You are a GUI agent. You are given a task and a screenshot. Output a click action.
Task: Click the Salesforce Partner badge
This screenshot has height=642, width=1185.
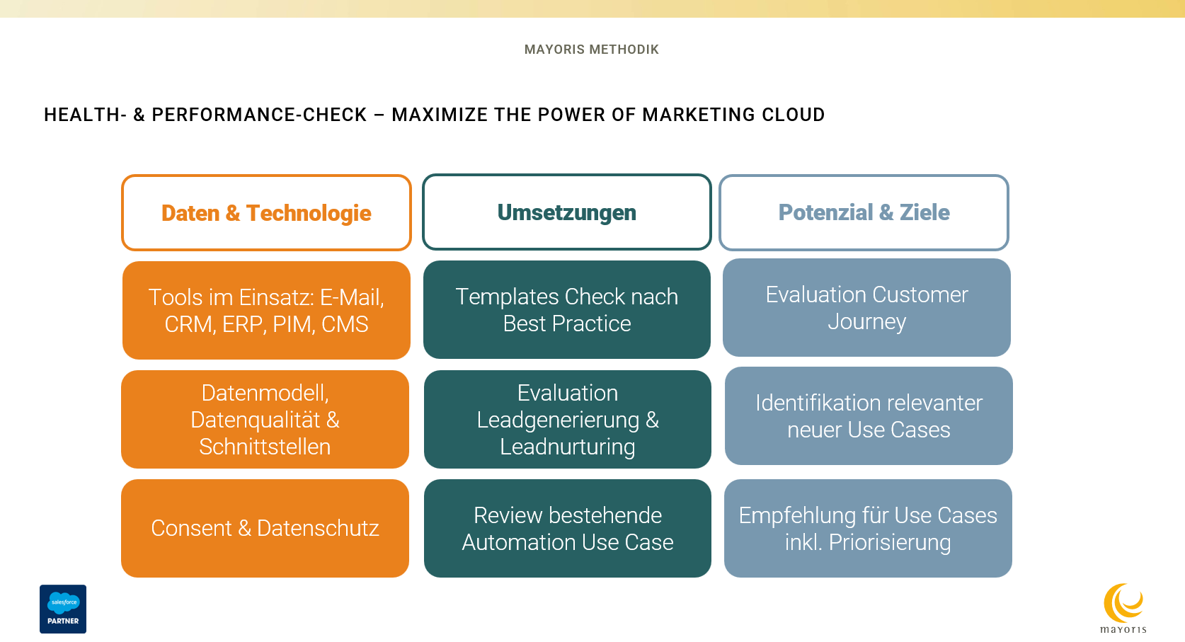point(63,609)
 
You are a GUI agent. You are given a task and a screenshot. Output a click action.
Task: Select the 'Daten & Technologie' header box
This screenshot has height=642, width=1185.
point(266,212)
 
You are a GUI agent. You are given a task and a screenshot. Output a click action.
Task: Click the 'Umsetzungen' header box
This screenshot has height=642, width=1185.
point(566,212)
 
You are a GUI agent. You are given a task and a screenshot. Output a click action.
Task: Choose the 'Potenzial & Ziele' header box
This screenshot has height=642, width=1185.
point(864,212)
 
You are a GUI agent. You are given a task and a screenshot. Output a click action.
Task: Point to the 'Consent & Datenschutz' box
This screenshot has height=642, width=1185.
point(265,528)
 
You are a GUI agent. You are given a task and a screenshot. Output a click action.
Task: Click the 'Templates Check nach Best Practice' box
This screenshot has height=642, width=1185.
point(566,309)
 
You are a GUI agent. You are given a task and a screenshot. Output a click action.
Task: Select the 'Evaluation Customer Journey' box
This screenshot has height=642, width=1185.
point(866,307)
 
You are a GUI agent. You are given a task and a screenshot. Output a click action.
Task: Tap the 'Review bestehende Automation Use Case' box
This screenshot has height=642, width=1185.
point(567,528)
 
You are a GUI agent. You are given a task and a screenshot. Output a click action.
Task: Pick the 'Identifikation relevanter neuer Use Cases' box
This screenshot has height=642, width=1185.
point(869,415)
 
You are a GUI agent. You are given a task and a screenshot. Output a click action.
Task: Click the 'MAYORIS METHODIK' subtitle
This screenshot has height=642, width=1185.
point(592,49)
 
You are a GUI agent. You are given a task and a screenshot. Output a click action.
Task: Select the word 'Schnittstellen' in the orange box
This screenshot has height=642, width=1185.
point(265,447)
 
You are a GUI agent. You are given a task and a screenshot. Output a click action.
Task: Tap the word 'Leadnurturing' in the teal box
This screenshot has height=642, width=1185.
point(567,447)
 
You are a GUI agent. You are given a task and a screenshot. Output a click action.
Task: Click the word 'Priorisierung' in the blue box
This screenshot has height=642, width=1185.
point(889,543)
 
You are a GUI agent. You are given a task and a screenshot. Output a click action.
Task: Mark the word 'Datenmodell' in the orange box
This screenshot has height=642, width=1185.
point(263,394)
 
